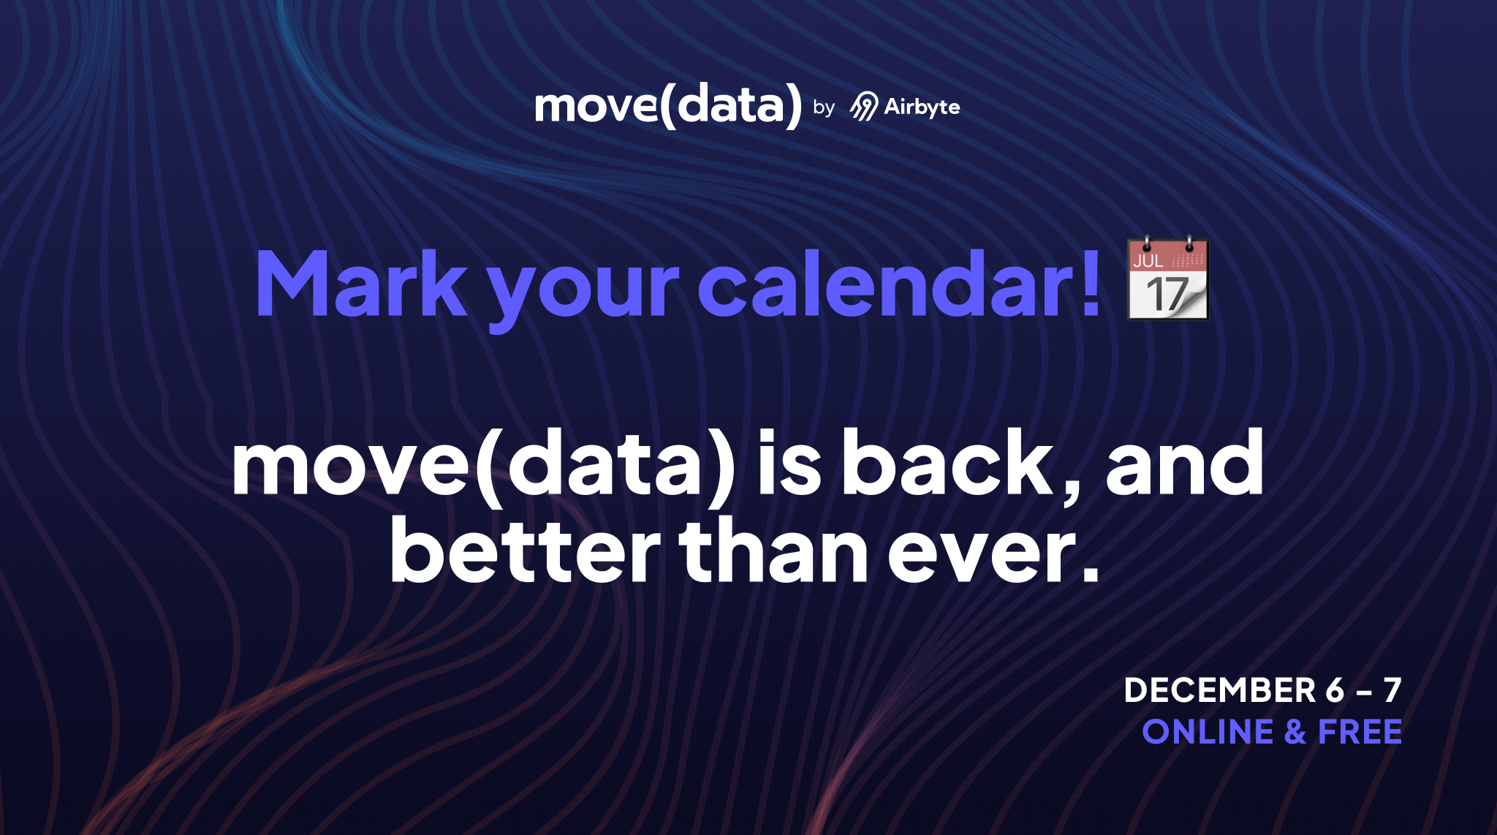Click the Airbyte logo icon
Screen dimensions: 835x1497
(x=863, y=107)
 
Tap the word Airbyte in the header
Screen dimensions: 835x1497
(x=922, y=107)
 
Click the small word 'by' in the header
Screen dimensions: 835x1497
(x=824, y=108)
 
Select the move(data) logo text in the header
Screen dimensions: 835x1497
(x=668, y=105)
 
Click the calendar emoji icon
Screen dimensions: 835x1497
(x=1167, y=279)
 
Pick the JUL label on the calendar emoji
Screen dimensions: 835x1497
(x=1148, y=260)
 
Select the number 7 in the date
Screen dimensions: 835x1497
(x=1392, y=691)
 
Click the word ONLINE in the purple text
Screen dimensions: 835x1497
(x=1208, y=733)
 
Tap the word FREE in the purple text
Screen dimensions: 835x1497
(x=1360, y=733)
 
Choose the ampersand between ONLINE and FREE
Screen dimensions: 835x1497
(x=1295, y=733)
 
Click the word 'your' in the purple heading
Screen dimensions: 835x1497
(x=583, y=289)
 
